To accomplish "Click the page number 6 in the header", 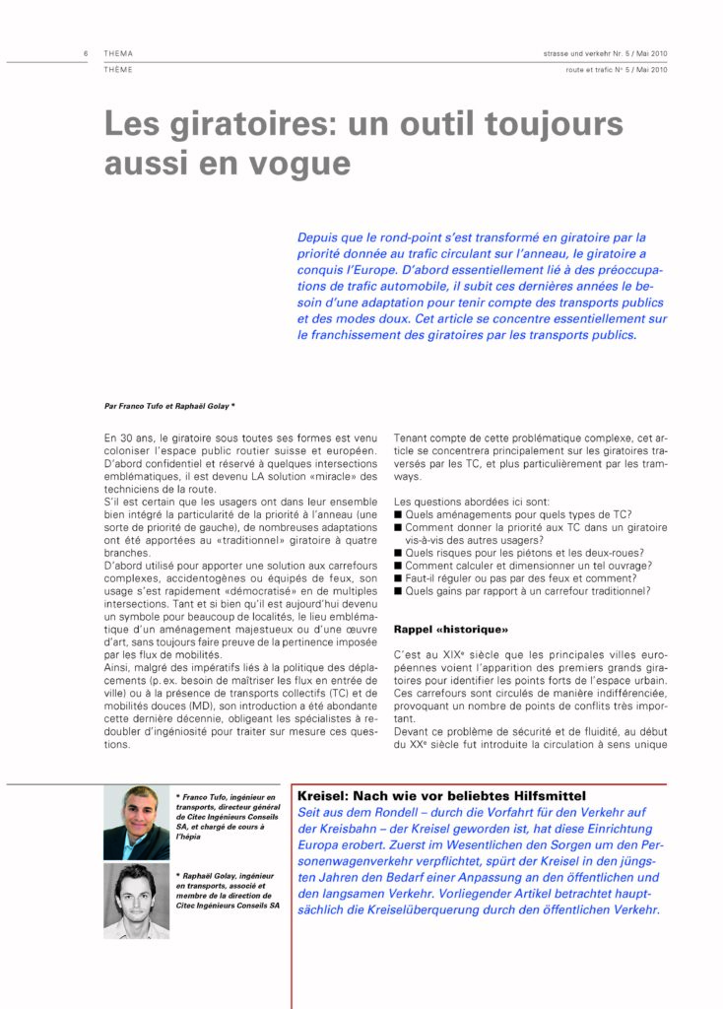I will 88,53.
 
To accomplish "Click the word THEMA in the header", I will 118,53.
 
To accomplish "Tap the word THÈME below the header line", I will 118,70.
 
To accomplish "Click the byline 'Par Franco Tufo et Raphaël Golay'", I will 168,405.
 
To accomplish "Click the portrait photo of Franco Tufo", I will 136,823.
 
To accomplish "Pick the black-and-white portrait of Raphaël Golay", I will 136,901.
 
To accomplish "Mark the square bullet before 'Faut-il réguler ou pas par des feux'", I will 398,578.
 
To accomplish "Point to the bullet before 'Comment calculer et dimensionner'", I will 398,566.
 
